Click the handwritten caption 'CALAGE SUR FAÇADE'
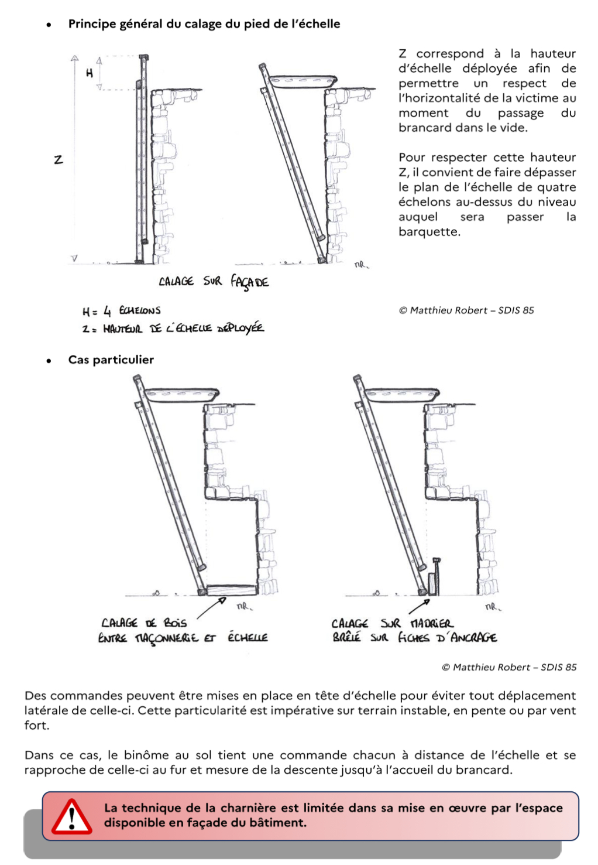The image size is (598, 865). pyautogui.click(x=214, y=282)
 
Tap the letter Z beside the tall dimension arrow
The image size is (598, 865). pyautogui.click(x=59, y=159)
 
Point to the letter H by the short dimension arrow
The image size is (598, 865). pyautogui.click(x=90, y=73)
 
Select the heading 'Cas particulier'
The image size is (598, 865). pyautogui.click(x=111, y=360)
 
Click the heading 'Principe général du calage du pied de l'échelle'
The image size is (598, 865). pyautogui.click(x=204, y=24)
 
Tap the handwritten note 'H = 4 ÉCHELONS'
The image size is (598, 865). pyautogui.click(x=121, y=310)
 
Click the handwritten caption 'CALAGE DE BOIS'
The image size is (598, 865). pyautogui.click(x=144, y=623)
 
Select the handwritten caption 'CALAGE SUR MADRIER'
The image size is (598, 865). pyautogui.click(x=392, y=623)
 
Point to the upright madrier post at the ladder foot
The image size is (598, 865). pyautogui.click(x=434, y=580)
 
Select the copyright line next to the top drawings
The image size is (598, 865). pyautogui.click(x=466, y=310)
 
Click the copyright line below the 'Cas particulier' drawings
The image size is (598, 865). pyautogui.click(x=509, y=667)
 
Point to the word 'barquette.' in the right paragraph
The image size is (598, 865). pyautogui.click(x=429, y=232)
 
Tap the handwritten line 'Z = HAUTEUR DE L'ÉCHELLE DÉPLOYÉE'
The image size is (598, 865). pyautogui.click(x=173, y=329)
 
